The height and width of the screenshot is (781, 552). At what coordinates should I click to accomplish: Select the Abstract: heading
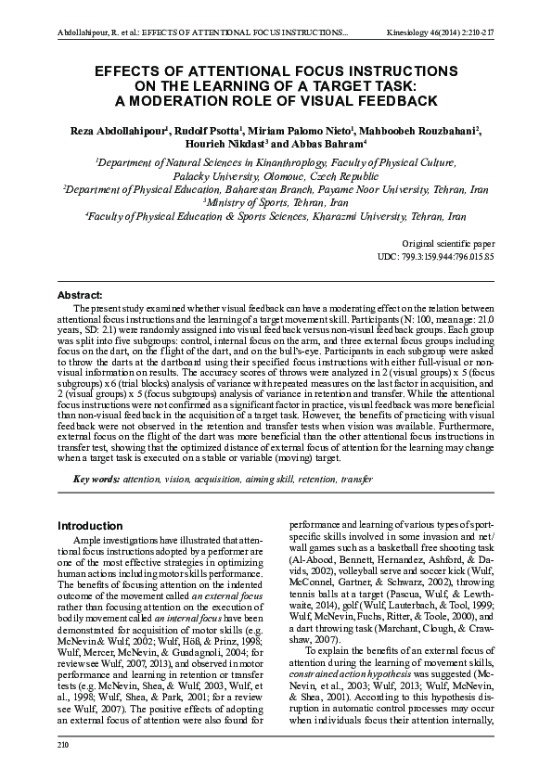pos(79,294)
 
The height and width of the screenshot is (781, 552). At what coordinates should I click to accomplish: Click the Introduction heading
pos(90,526)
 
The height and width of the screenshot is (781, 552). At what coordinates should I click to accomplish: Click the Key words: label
pos(96,479)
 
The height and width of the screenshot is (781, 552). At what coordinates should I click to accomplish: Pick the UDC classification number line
pos(435,255)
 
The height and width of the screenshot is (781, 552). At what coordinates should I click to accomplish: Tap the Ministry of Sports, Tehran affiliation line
pos(276,201)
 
